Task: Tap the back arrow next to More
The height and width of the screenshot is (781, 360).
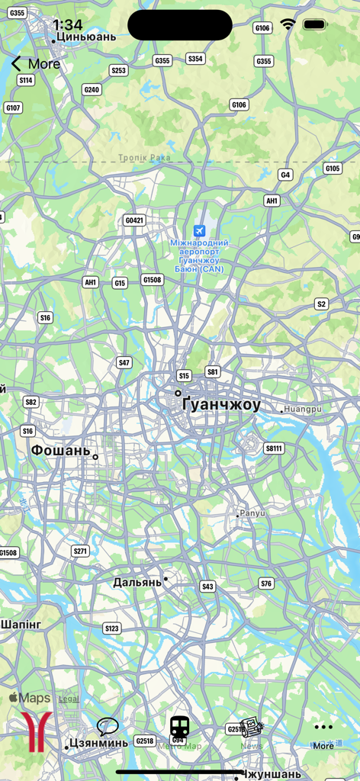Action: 16,64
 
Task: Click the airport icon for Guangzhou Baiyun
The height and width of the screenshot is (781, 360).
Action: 199,230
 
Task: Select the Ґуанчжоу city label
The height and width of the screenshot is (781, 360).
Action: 222,405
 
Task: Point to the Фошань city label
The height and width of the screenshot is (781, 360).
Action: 60,451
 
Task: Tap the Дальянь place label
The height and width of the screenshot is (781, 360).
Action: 137,582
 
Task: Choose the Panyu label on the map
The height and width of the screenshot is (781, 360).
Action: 252,513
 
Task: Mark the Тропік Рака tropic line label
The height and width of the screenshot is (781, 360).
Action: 144,158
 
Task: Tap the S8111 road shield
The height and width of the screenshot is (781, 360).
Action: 274,448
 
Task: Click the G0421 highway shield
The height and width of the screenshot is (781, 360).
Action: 133,220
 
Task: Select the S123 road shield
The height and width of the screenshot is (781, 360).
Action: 111,628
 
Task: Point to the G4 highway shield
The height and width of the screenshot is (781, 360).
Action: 285,175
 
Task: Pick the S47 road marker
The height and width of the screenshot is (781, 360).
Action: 124,362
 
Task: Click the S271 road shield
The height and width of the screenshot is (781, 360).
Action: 80,551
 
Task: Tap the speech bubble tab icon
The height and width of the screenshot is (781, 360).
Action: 108,726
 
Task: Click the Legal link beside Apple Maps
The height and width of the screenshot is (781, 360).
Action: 69,698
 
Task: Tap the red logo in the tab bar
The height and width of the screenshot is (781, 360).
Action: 36,731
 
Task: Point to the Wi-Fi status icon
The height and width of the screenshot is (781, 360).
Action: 288,24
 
